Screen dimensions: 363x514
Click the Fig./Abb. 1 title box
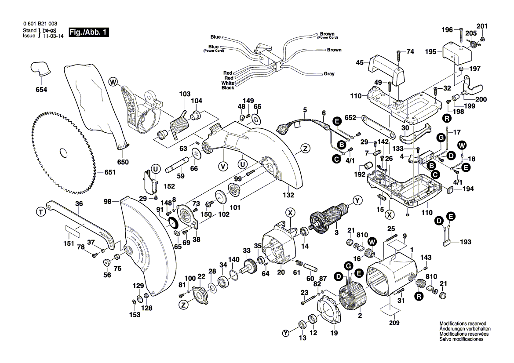(88, 33)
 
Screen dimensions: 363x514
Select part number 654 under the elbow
(41, 90)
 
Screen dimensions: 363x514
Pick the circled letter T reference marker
(40, 212)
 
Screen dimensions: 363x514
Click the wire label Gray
(329, 74)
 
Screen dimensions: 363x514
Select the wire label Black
(228, 88)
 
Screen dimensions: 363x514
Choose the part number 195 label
(431, 52)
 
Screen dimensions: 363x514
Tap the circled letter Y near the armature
(357, 201)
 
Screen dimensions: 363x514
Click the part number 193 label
(465, 242)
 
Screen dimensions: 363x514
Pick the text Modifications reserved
(462, 323)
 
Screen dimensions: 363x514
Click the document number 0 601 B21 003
(39, 24)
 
